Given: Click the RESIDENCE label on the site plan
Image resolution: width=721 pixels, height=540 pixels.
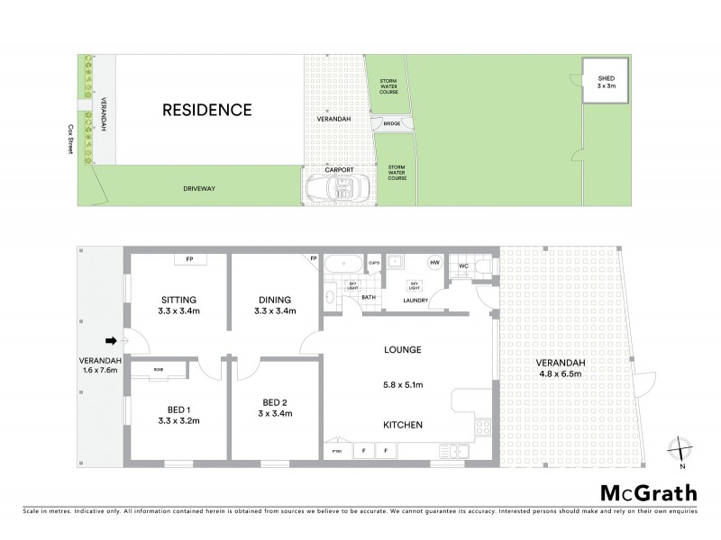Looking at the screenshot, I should [x=205, y=111].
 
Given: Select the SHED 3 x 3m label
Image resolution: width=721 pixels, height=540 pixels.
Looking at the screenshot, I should [x=606, y=84].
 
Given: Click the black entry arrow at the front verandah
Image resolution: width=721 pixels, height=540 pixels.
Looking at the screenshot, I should [x=111, y=340].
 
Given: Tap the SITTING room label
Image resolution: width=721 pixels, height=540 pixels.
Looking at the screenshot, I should [x=178, y=301].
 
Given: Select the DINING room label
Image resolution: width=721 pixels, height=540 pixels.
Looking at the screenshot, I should [x=275, y=301].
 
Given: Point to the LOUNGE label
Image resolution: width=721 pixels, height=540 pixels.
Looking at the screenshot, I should [x=401, y=348].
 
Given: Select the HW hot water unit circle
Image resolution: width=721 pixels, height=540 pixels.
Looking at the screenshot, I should [x=434, y=262].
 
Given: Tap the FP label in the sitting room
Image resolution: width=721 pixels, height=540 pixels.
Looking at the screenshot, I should [x=189, y=259].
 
